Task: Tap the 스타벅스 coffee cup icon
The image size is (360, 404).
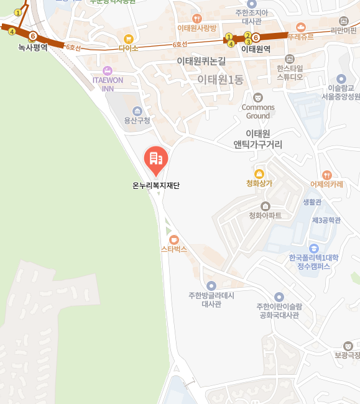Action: pyautogui.click(x=173, y=239)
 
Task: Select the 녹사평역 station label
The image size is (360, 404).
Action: pyautogui.click(x=32, y=47)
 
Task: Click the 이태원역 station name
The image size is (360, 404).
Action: pyautogui.click(x=256, y=48)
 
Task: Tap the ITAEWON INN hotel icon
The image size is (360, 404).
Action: pyautogui.click(x=108, y=70)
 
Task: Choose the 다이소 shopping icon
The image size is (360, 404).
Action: pyautogui.click(x=129, y=39)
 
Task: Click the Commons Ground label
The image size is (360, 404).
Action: pyautogui.click(x=258, y=111)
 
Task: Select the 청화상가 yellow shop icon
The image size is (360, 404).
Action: pyautogui.click(x=259, y=173)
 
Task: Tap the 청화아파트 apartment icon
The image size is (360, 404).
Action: pyautogui.click(x=265, y=206)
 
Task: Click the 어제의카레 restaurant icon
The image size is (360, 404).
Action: pyautogui.click(x=327, y=175)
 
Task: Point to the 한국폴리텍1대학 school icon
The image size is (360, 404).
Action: pyautogui.click(x=313, y=248)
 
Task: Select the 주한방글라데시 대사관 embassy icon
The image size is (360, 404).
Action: pyautogui.click(x=211, y=285)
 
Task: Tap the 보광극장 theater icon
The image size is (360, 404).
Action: pyautogui.click(x=348, y=346)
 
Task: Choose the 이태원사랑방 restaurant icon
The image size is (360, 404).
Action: pyautogui.click(x=197, y=18)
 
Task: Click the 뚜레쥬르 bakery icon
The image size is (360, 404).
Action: pyautogui.click(x=301, y=27)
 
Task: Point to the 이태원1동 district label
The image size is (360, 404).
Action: pyautogui.click(x=220, y=80)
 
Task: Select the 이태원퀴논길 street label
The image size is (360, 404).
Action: pyautogui.click(x=201, y=61)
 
